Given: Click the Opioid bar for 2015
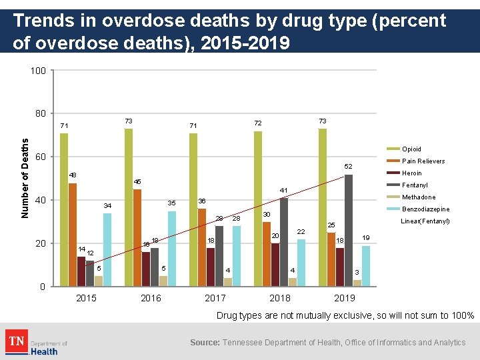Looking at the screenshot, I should point(64,209).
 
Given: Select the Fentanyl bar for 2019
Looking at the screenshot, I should point(349,230).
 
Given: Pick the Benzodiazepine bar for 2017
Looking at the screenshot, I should point(237,256).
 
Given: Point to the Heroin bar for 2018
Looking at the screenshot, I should point(275,265).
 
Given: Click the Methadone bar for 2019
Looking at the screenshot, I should point(357,283).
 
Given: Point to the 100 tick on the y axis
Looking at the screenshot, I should point(38,71).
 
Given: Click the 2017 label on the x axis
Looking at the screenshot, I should point(215,298).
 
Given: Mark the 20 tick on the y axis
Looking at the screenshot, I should point(41,243).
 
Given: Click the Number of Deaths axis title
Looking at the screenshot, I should point(25,178).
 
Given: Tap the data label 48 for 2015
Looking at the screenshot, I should point(73,175).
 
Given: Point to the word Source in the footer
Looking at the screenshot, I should point(204,343).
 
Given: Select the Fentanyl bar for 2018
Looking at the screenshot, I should point(284,242).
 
